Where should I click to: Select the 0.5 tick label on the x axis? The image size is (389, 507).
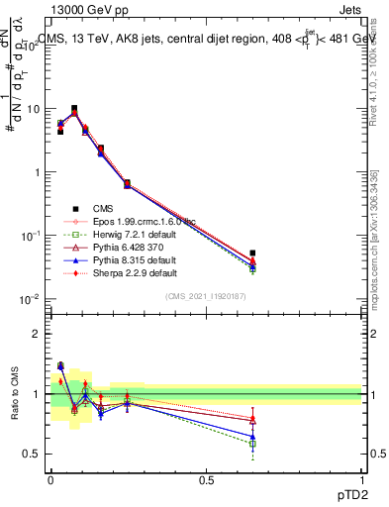[206, 479]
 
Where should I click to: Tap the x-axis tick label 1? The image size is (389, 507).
[362, 479]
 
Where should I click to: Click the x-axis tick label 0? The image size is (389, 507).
[50, 479]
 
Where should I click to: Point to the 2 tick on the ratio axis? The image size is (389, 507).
[36, 334]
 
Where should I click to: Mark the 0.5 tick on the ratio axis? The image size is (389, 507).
[32, 454]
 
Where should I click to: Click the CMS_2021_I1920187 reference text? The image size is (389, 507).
[206, 296]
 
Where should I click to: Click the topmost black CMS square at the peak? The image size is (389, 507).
[74, 109]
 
